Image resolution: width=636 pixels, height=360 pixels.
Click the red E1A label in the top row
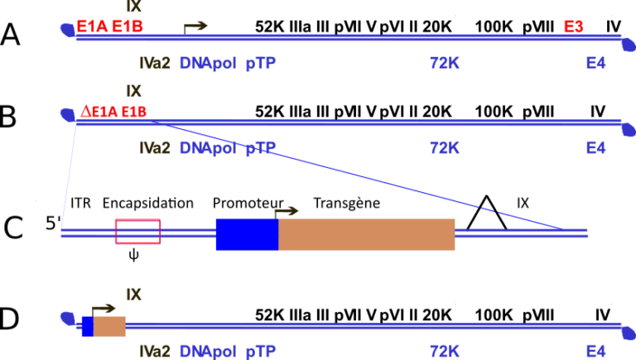pos(91,26)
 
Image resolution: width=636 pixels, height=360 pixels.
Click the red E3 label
pos(574,26)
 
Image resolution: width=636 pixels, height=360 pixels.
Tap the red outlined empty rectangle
pos(137,232)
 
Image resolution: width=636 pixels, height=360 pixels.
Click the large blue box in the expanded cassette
pos(247,234)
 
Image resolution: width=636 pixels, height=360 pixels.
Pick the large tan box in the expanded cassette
pos(367,234)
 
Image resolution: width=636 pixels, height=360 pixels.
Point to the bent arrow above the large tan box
pos(287,212)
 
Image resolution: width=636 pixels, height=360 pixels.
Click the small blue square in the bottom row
pos(87,326)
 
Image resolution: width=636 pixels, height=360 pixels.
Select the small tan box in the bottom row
pos(109,326)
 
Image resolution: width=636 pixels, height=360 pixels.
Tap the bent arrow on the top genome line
pos(195,26)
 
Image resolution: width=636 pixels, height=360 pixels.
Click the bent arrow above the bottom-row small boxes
pos(104,309)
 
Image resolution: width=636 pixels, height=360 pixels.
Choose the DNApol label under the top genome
pos(207,63)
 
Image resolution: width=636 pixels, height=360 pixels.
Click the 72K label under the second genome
pos(444,148)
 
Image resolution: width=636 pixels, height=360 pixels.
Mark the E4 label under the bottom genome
pos(595,351)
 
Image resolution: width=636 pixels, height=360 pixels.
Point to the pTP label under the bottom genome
pos(260,351)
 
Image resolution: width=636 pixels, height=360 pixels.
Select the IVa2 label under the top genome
pos(155,63)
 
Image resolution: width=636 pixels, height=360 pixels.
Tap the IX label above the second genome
pos(133,91)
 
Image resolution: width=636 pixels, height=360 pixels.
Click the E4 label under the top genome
pos(595,63)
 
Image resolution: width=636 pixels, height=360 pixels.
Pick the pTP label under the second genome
pos(260,148)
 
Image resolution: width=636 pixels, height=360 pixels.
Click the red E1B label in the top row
pos(127,26)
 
